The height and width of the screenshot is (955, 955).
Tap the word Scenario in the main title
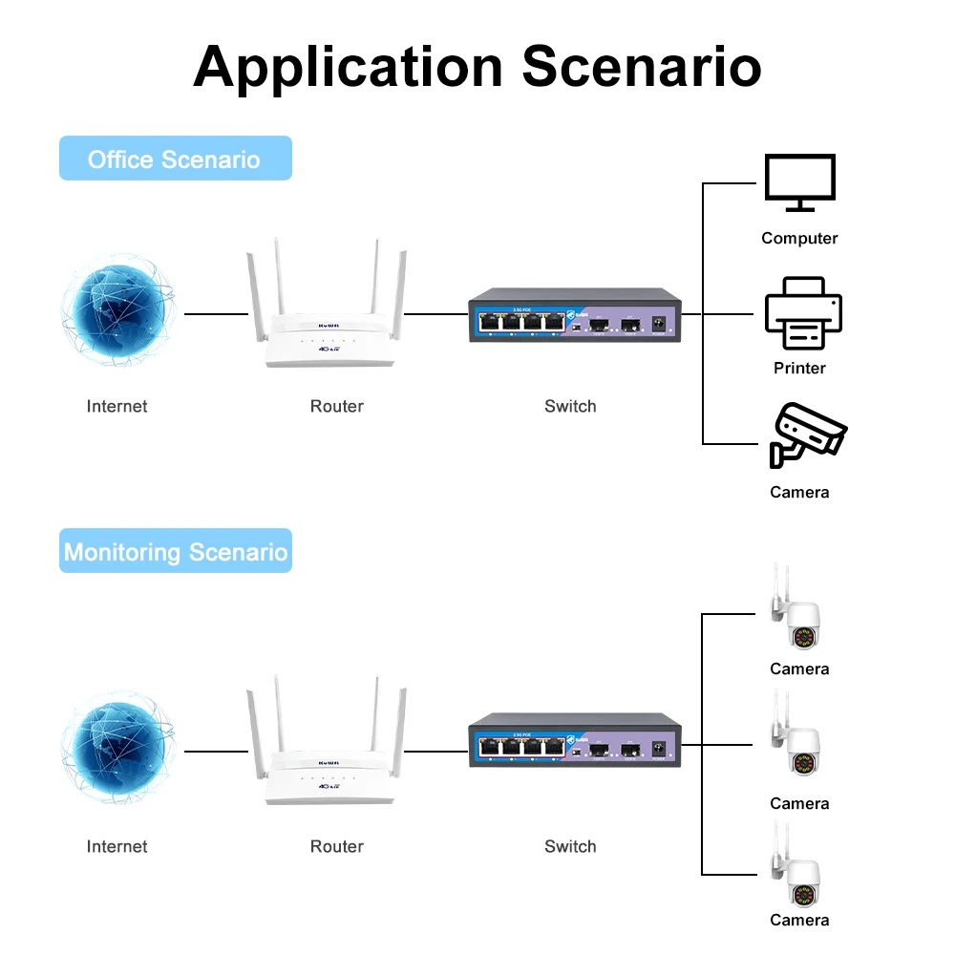[x=642, y=67]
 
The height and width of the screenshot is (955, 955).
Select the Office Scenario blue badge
[x=175, y=159]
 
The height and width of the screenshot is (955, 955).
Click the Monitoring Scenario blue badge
[x=175, y=551]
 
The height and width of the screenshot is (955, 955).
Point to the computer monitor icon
[x=799, y=183]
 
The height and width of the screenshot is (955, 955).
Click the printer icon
[x=802, y=313]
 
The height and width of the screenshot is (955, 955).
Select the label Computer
[x=799, y=238]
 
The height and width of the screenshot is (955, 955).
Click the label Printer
[x=799, y=368]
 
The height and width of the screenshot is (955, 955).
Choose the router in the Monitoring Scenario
[x=328, y=754]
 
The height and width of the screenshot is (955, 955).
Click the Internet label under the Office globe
[x=117, y=406]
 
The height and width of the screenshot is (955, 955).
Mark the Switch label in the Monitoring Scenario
[x=570, y=846]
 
